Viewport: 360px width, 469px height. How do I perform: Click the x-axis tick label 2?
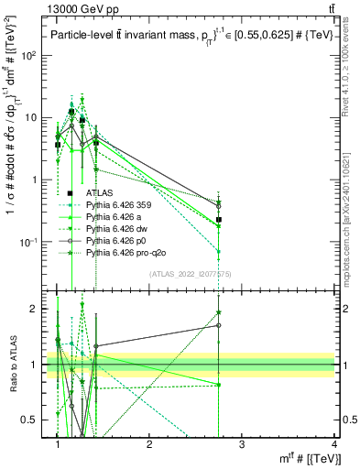pos(149,444)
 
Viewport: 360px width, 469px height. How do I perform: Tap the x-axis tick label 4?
pos(333,444)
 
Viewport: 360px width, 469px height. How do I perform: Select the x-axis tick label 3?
pos(242,444)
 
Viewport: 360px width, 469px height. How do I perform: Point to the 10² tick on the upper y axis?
pos(33,55)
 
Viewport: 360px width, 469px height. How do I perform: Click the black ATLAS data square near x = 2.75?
pos(219,220)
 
